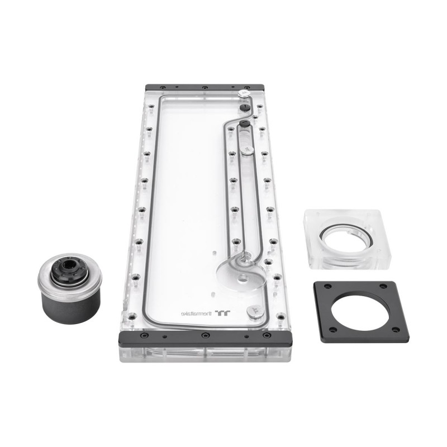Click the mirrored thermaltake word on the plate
(197, 313)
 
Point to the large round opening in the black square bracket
(361, 312)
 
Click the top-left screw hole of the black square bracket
(329, 286)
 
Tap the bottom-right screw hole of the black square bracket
(396, 330)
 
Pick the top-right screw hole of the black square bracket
(383, 286)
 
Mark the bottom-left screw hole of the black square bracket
(332, 330)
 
